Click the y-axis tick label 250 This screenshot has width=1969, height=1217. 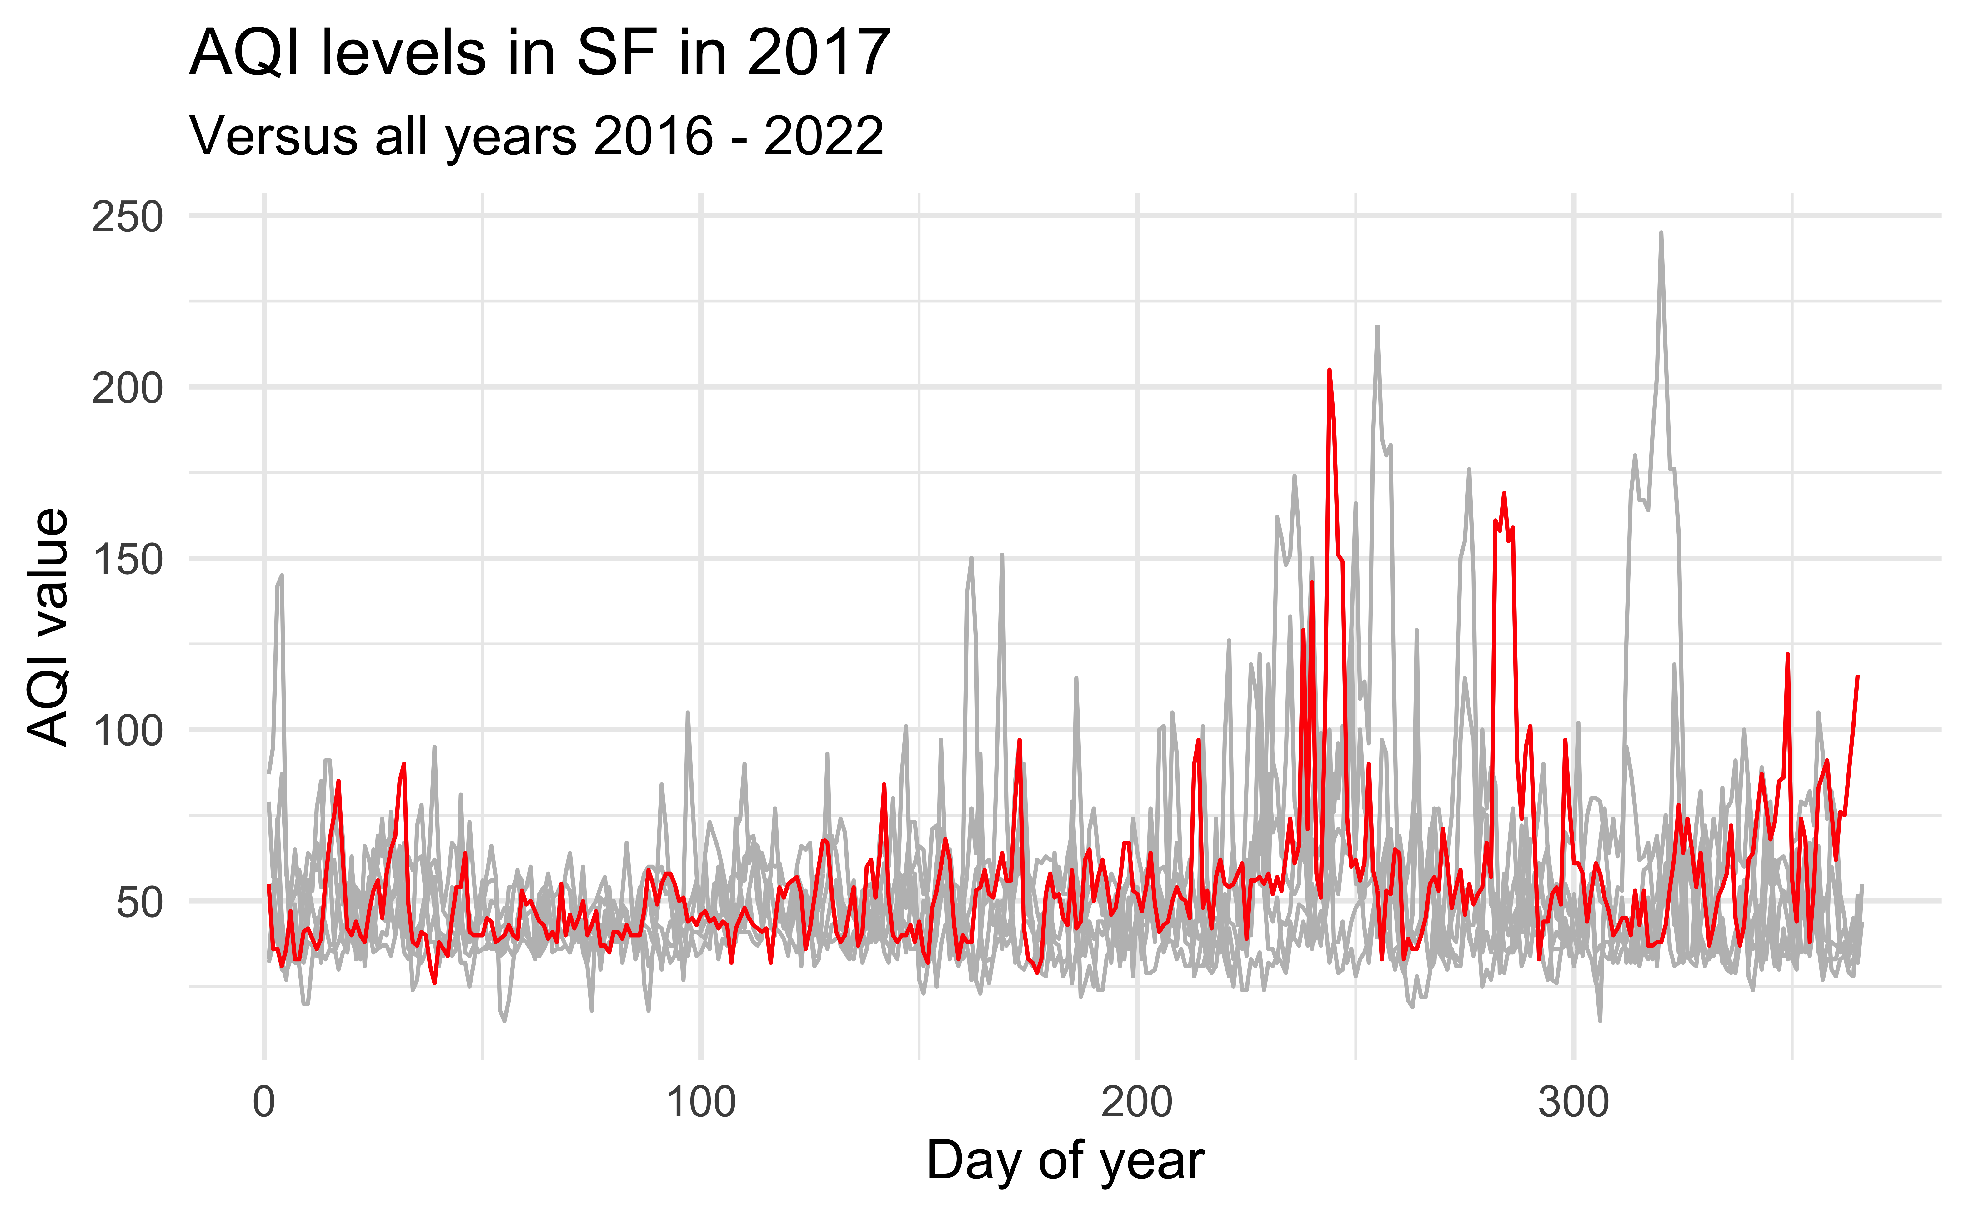tap(127, 217)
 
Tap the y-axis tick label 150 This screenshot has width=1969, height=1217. tap(127, 560)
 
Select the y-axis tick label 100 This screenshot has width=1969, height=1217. tap(127, 732)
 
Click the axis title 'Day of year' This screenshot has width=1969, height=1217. tap(1065, 1161)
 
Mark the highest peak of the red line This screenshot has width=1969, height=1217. tap(1329, 370)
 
